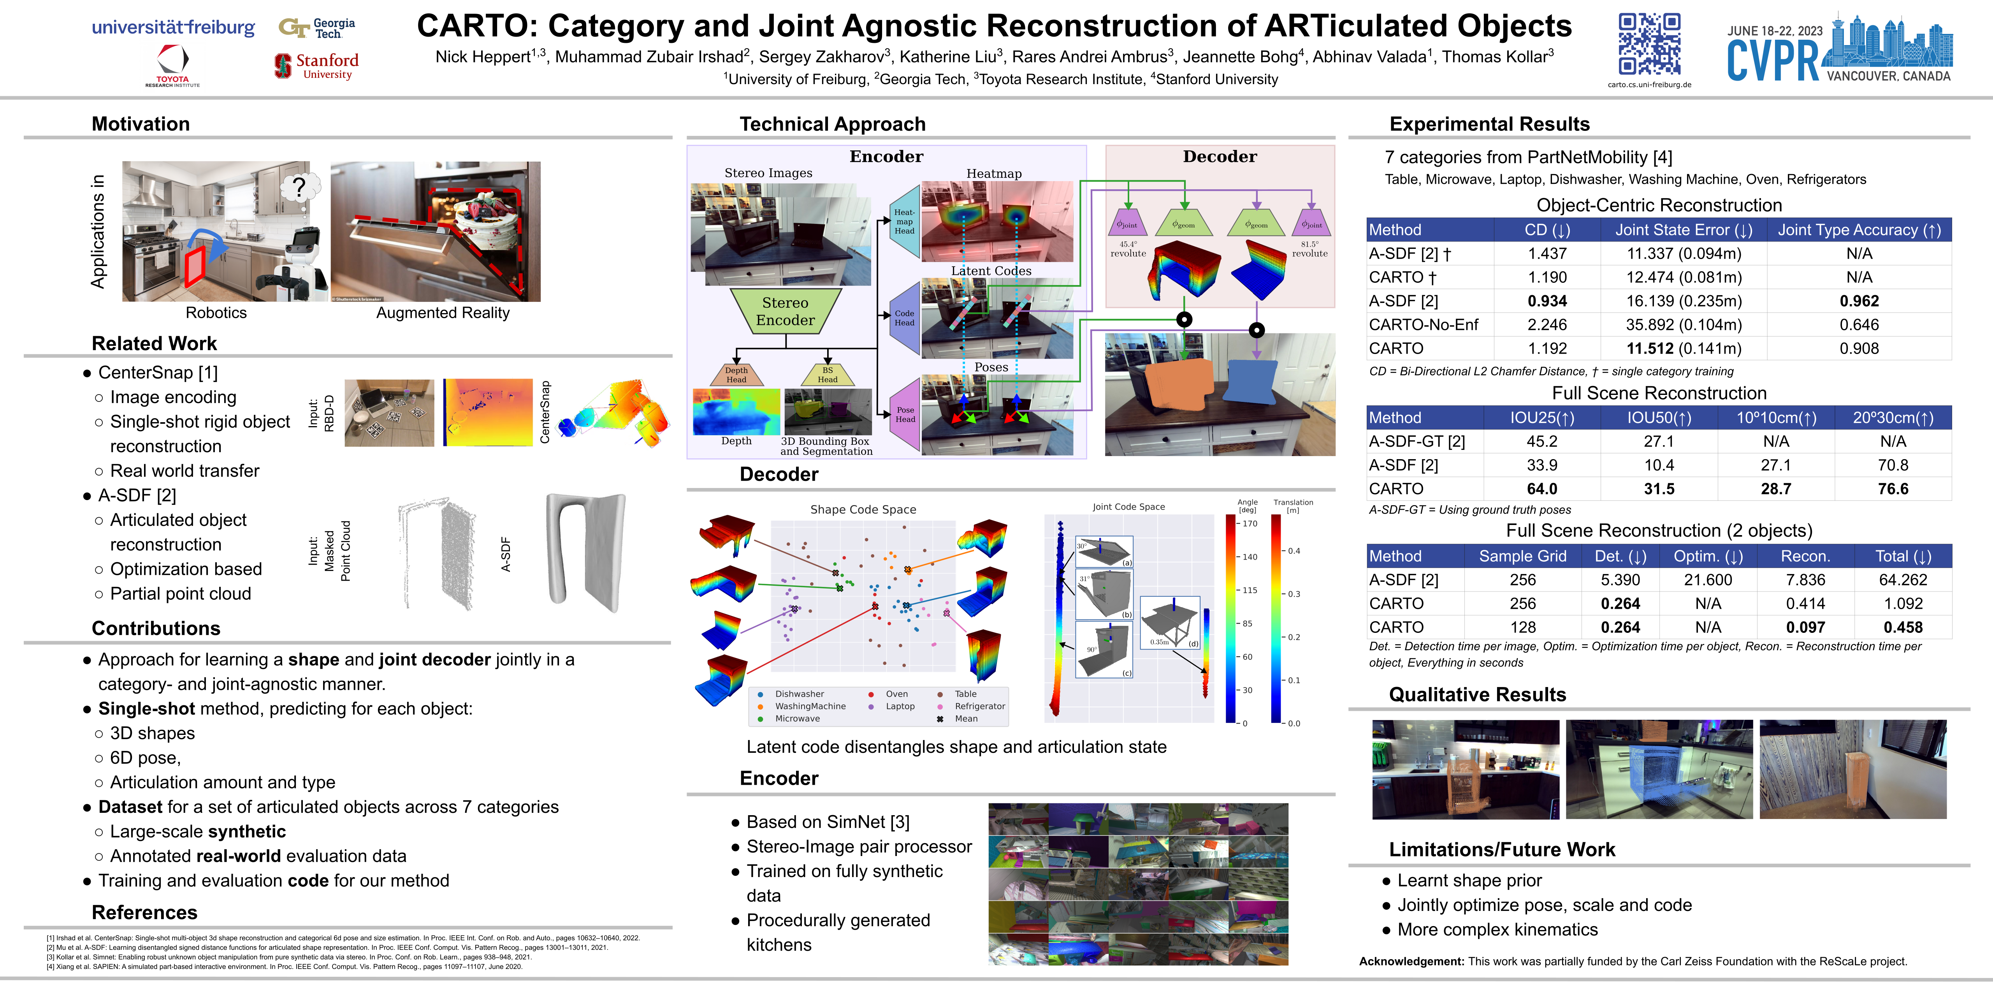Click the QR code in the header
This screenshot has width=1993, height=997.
pyautogui.click(x=1650, y=44)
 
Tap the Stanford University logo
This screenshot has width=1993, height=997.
pyautogui.click(x=317, y=66)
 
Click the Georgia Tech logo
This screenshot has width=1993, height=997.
pyautogui.click(x=317, y=28)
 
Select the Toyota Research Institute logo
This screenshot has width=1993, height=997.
pyautogui.click(x=172, y=65)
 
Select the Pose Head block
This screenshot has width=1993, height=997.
pyautogui.click(x=904, y=414)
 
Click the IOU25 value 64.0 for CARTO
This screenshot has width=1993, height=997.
pyautogui.click(x=1542, y=489)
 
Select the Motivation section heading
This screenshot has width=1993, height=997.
pyautogui.click(x=141, y=124)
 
